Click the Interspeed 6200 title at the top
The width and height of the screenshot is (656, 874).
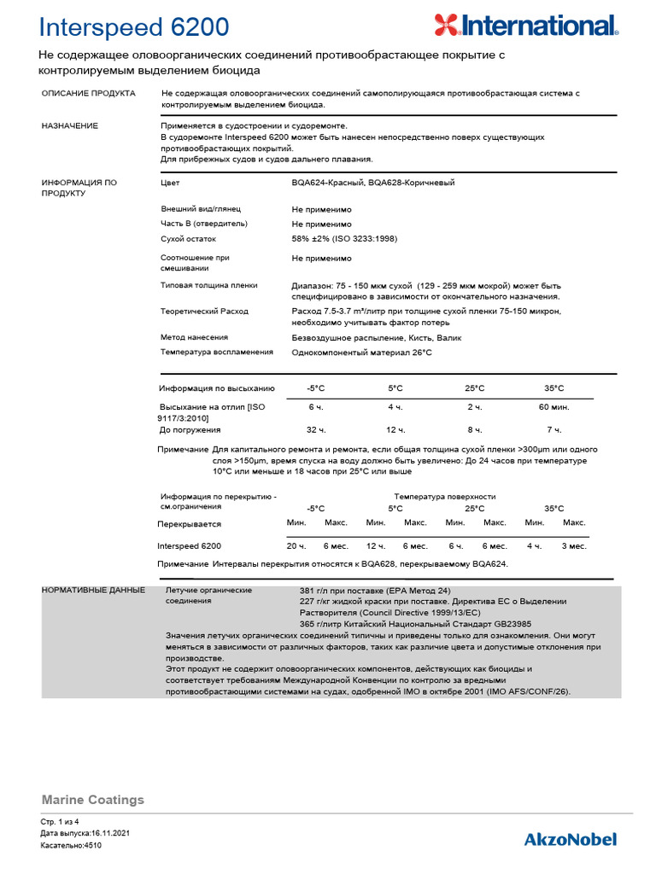pyautogui.click(x=134, y=27)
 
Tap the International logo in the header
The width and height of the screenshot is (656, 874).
pyautogui.click(x=524, y=26)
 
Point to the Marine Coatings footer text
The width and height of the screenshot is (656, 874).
pyautogui.click(x=93, y=800)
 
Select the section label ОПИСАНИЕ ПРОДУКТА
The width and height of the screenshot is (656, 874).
pyautogui.click(x=88, y=92)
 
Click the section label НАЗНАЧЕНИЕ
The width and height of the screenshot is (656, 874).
pyautogui.click(x=70, y=125)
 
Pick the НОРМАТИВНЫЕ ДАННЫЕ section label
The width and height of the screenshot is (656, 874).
pyautogui.click(x=93, y=590)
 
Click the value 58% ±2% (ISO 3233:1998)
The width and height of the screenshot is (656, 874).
pyautogui.click(x=344, y=239)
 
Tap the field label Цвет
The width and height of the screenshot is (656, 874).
pyautogui.click(x=170, y=183)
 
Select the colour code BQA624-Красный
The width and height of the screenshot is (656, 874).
pyautogui.click(x=327, y=183)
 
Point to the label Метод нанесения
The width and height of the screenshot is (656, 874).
pyautogui.click(x=194, y=337)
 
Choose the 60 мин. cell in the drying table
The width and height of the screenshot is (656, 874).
pyautogui.click(x=554, y=406)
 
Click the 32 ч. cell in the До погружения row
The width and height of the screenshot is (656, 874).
pyautogui.click(x=316, y=429)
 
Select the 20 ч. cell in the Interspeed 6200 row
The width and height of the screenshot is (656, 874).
pyautogui.click(x=296, y=545)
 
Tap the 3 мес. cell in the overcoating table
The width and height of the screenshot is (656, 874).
pyautogui.click(x=573, y=545)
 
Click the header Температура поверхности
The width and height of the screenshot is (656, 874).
pyautogui.click(x=444, y=496)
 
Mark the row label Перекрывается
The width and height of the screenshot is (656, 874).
pyautogui.click(x=189, y=524)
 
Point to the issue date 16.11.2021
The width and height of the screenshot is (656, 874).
pyautogui.click(x=108, y=832)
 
